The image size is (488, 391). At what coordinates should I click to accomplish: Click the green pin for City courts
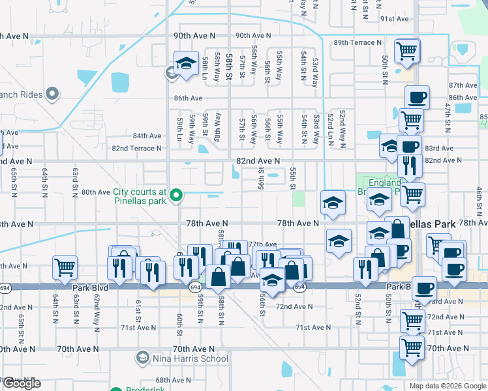(175, 195)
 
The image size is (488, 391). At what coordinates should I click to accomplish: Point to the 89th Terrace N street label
(358, 42)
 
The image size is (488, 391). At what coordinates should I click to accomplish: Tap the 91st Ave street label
(394, 19)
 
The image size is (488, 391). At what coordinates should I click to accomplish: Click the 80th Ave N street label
(95, 192)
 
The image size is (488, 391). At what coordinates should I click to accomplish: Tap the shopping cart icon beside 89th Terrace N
(407, 50)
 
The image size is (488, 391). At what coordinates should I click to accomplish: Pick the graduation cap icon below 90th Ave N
(187, 63)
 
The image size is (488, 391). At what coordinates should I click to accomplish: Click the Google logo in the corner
(21, 383)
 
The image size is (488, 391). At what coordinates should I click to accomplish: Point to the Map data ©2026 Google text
(448, 386)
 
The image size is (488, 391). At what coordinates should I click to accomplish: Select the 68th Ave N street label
(172, 380)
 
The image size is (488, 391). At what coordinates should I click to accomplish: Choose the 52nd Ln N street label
(331, 128)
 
